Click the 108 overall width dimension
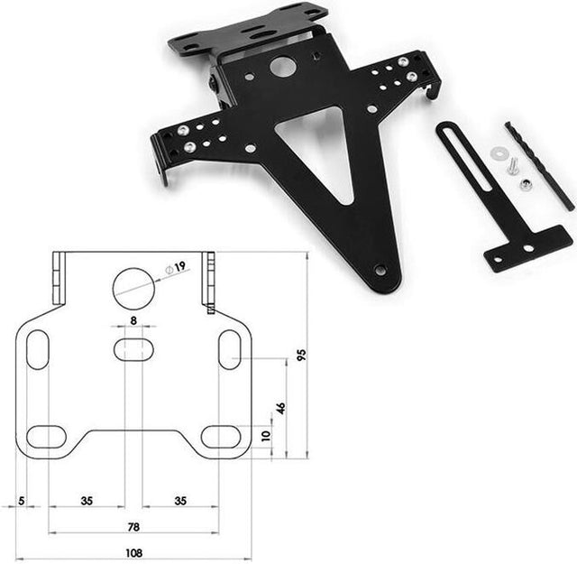click(x=133, y=552)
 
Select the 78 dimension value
click(x=133, y=527)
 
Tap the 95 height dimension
click(x=301, y=355)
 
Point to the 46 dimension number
click(x=280, y=408)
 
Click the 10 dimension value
click(x=266, y=436)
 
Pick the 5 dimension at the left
click(x=22, y=501)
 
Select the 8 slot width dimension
click(x=133, y=320)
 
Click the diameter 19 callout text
click(x=176, y=267)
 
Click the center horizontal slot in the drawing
click(x=133, y=349)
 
